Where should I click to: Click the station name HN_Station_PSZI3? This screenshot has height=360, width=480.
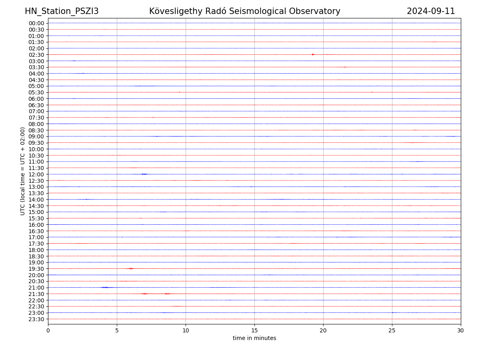(x=62, y=11)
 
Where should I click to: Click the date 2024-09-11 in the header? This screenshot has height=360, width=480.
(x=431, y=11)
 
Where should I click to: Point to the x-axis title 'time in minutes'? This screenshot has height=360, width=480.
(x=254, y=338)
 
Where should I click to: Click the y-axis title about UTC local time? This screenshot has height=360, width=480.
(x=23, y=171)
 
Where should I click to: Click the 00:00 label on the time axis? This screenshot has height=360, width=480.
(x=36, y=23)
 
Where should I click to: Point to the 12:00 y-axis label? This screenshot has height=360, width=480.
(x=36, y=174)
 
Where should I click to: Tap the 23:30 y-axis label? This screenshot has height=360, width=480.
(x=36, y=319)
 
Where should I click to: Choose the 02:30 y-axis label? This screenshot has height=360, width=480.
(x=36, y=55)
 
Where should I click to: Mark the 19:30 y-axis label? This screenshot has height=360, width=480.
(x=36, y=269)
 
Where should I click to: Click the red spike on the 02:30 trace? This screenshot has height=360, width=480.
(x=312, y=54)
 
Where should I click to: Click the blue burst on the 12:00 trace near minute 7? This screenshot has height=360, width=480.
(x=144, y=174)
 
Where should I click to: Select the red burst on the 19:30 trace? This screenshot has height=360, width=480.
(x=130, y=268)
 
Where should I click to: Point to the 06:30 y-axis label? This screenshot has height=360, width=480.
(x=36, y=105)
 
